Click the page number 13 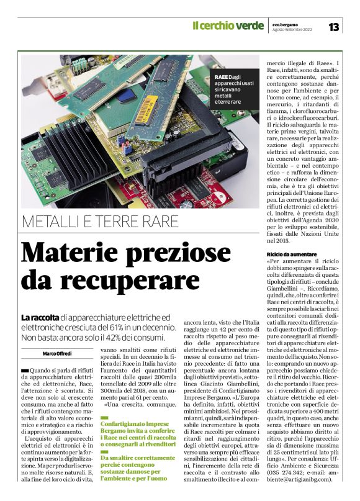[x=333, y=26]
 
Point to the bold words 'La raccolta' [x=40, y=317]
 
